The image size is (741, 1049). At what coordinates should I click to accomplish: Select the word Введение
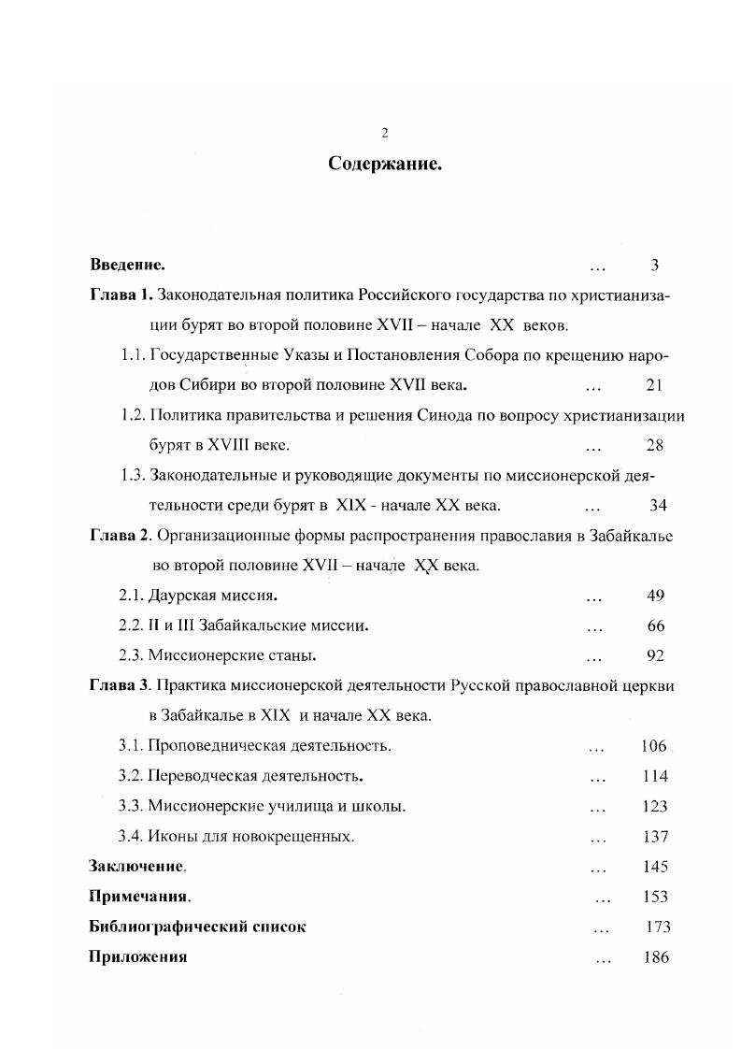click(x=128, y=266)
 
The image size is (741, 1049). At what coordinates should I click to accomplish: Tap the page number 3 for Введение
click(x=655, y=266)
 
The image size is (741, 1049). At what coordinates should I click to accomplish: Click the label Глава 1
click(x=121, y=296)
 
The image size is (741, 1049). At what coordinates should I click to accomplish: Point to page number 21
click(x=654, y=385)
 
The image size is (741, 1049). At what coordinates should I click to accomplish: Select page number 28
click(x=655, y=445)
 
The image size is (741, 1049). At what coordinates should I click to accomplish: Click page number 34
click(x=658, y=506)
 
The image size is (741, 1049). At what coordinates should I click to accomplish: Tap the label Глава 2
click(x=121, y=536)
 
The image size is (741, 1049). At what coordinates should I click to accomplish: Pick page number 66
click(x=655, y=625)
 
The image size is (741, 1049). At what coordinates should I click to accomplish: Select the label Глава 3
click(x=121, y=685)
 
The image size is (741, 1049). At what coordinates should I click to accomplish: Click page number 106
click(x=654, y=746)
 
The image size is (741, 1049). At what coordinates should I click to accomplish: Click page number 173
click(x=657, y=927)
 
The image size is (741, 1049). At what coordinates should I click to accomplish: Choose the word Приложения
click(x=137, y=957)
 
